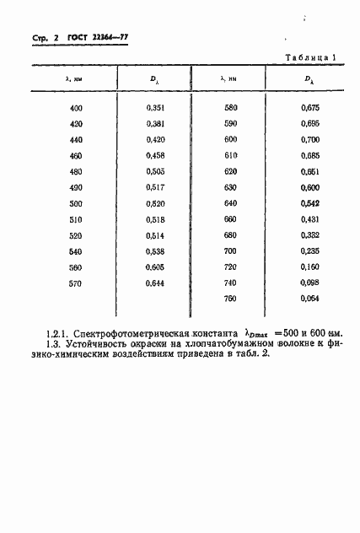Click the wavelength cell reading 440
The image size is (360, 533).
point(77,139)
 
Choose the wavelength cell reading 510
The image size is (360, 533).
point(77,219)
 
